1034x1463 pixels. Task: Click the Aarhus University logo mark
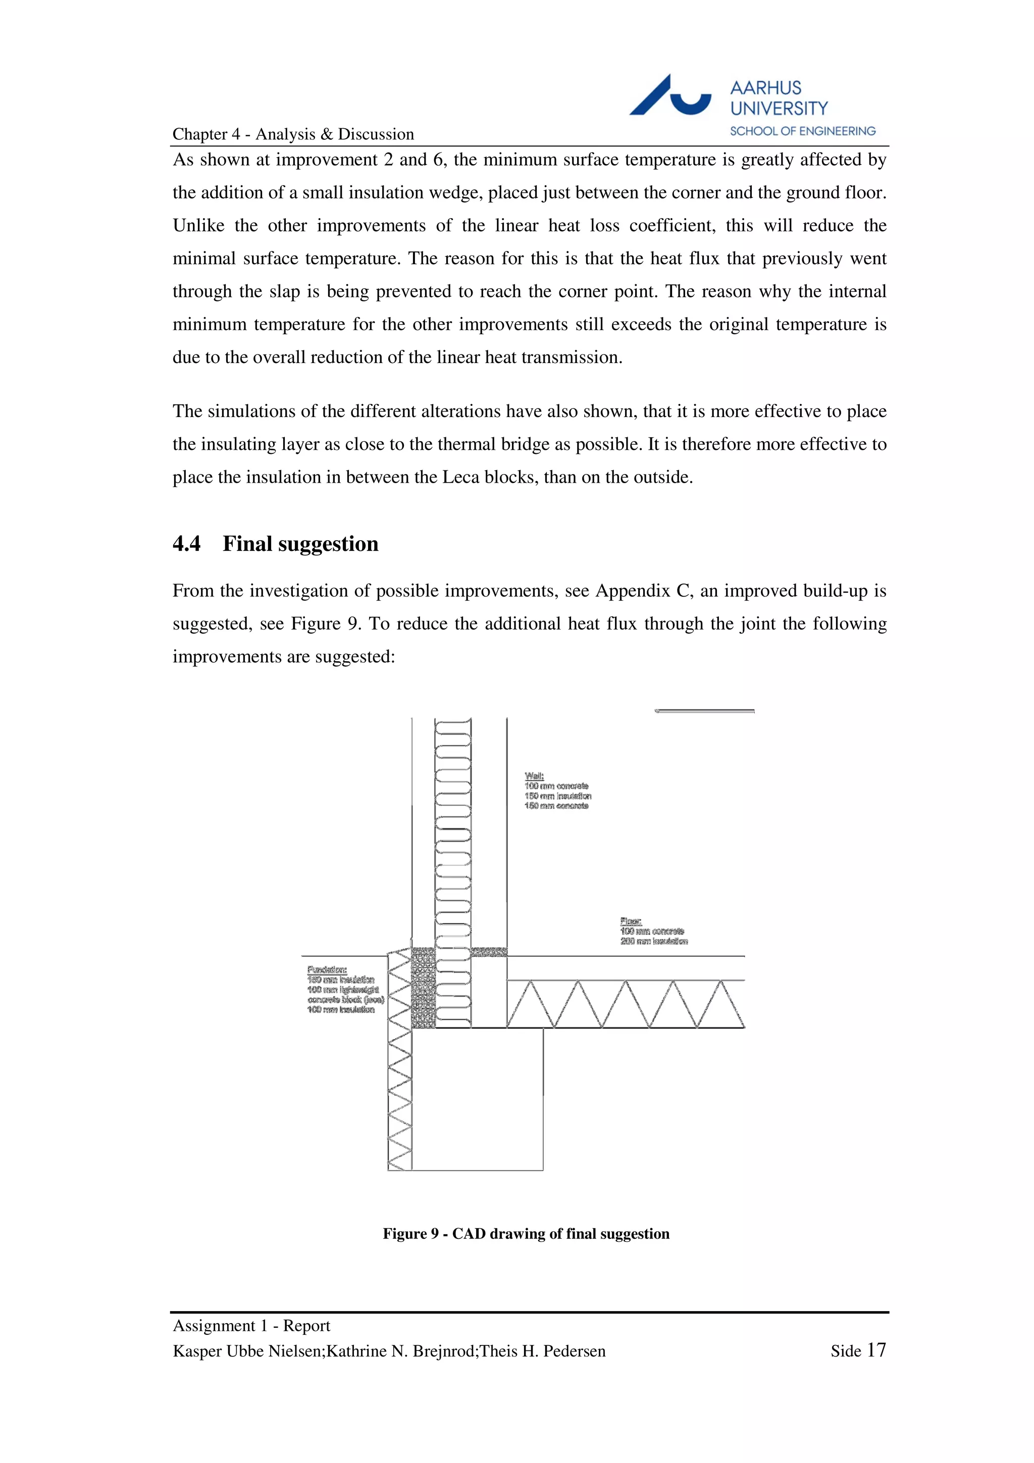pyautogui.click(x=669, y=95)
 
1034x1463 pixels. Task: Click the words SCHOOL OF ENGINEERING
pyautogui.click(x=802, y=131)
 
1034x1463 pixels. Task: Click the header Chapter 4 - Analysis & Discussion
pyautogui.click(x=293, y=134)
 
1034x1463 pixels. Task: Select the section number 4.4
pyautogui.click(x=186, y=544)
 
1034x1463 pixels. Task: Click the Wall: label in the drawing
pyautogui.click(x=534, y=776)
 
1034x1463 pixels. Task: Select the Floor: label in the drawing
pyautogui.click(x=631, y=921)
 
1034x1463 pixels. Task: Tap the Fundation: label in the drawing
pyautogui.click(x=327, y=970)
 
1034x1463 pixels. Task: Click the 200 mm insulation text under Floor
pyautogui.click(x=654, y=941)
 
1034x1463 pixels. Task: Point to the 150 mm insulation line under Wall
pyautogui.click(x=557, y=796)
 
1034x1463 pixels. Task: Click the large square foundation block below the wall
pyautogui.click(x=477, y=1099)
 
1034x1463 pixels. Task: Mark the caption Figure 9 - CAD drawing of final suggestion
pyautogui.click(x=526, y=1234)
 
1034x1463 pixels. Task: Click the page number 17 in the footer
pyautogui.click(x=876, y=1349)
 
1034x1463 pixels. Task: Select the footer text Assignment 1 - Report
pyautogui.click(x=251, y=1325)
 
